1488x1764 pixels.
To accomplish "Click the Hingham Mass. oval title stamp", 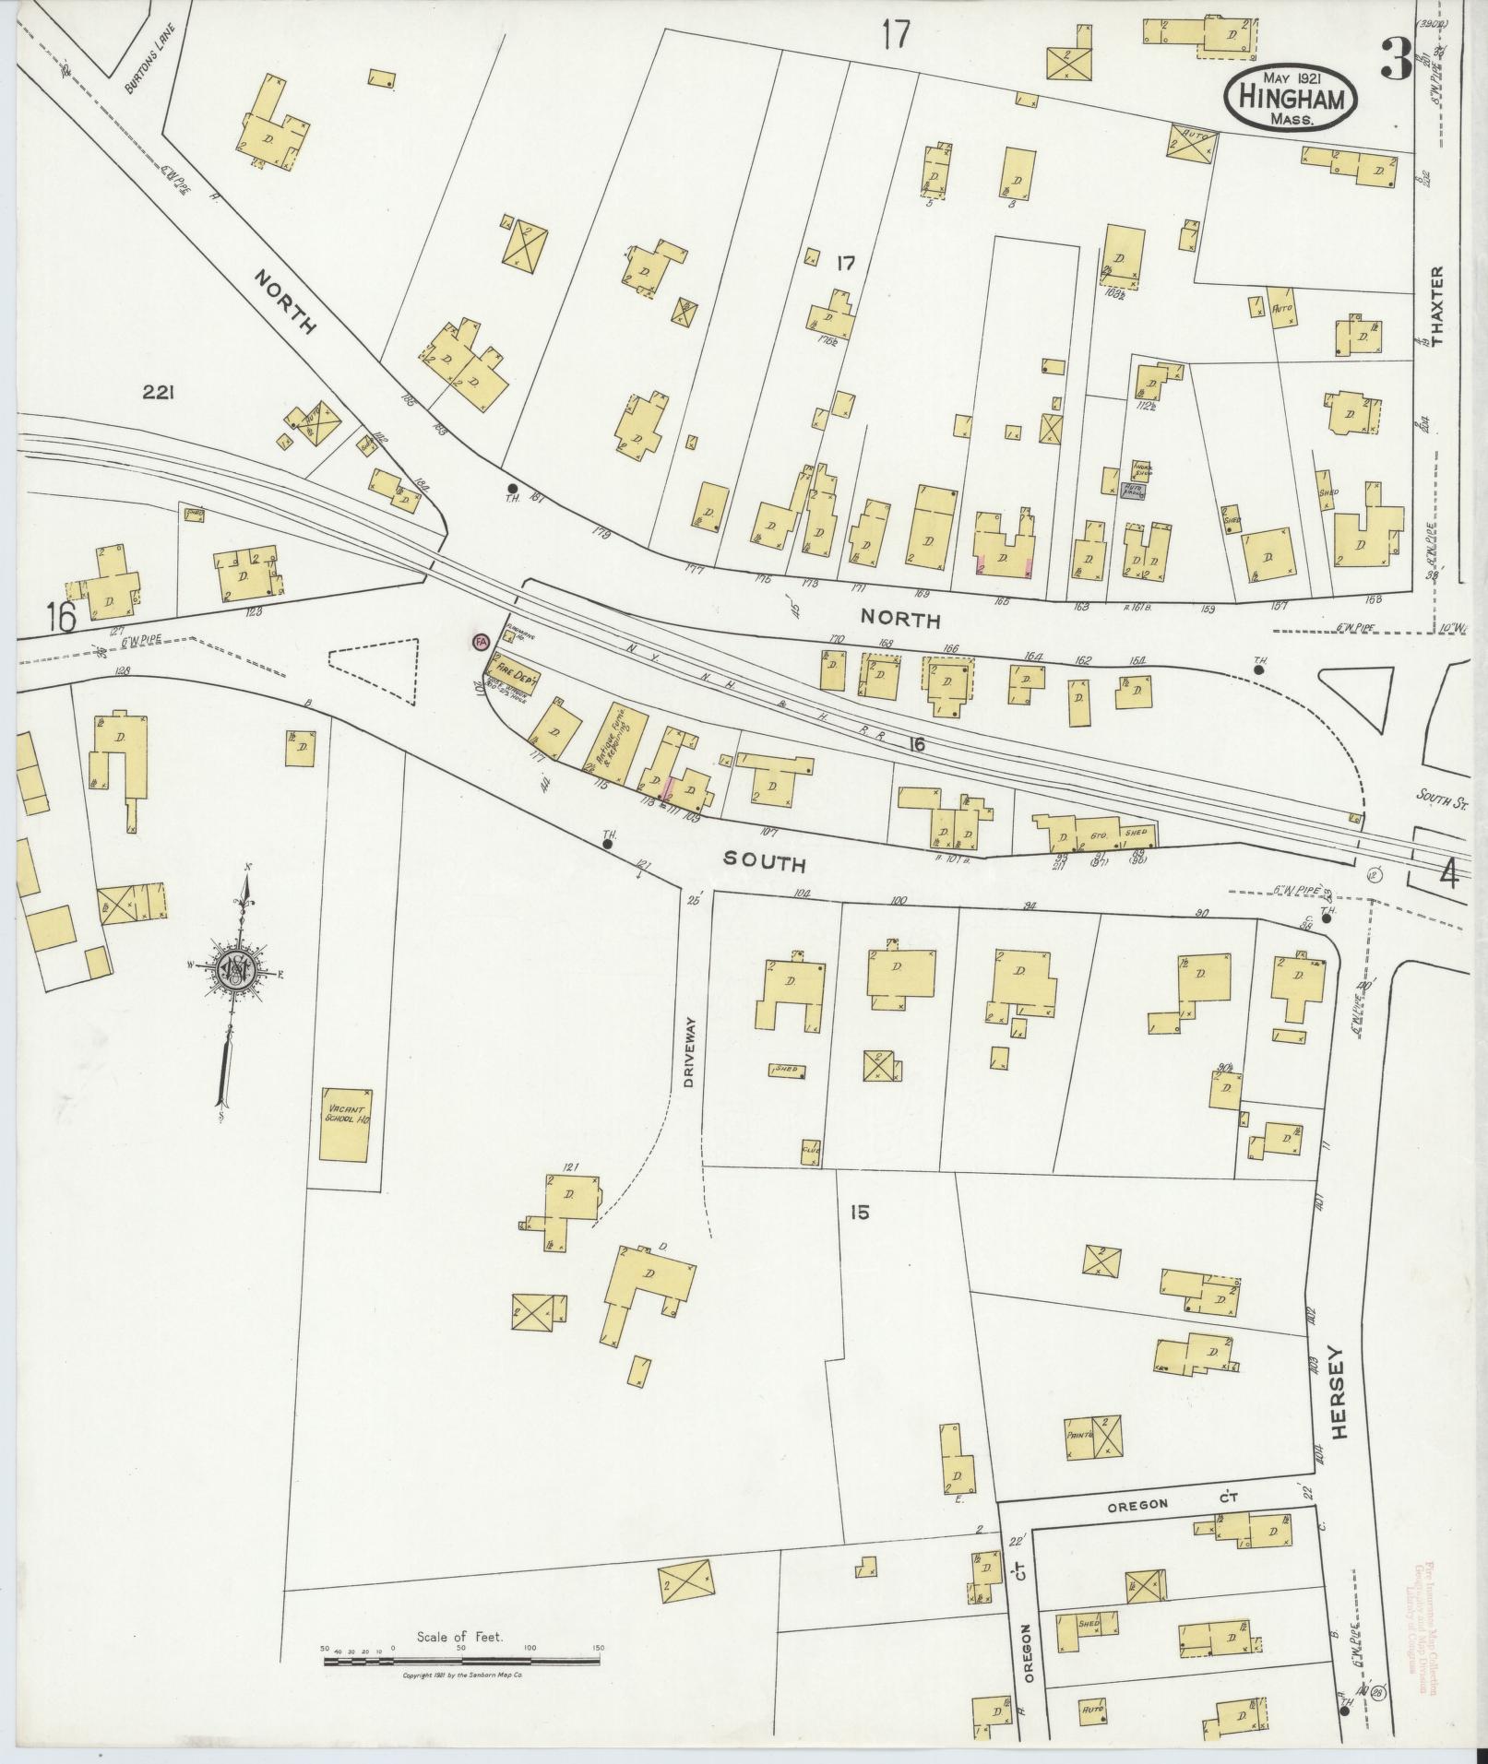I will point(1290,95).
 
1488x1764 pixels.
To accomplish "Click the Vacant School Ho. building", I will point(345,1124).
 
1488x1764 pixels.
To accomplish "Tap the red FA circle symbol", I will point(480,641).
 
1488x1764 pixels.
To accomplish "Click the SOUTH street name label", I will point(765,862).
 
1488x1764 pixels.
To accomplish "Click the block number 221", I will point(160,393).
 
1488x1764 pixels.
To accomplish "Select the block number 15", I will point(859,1213).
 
